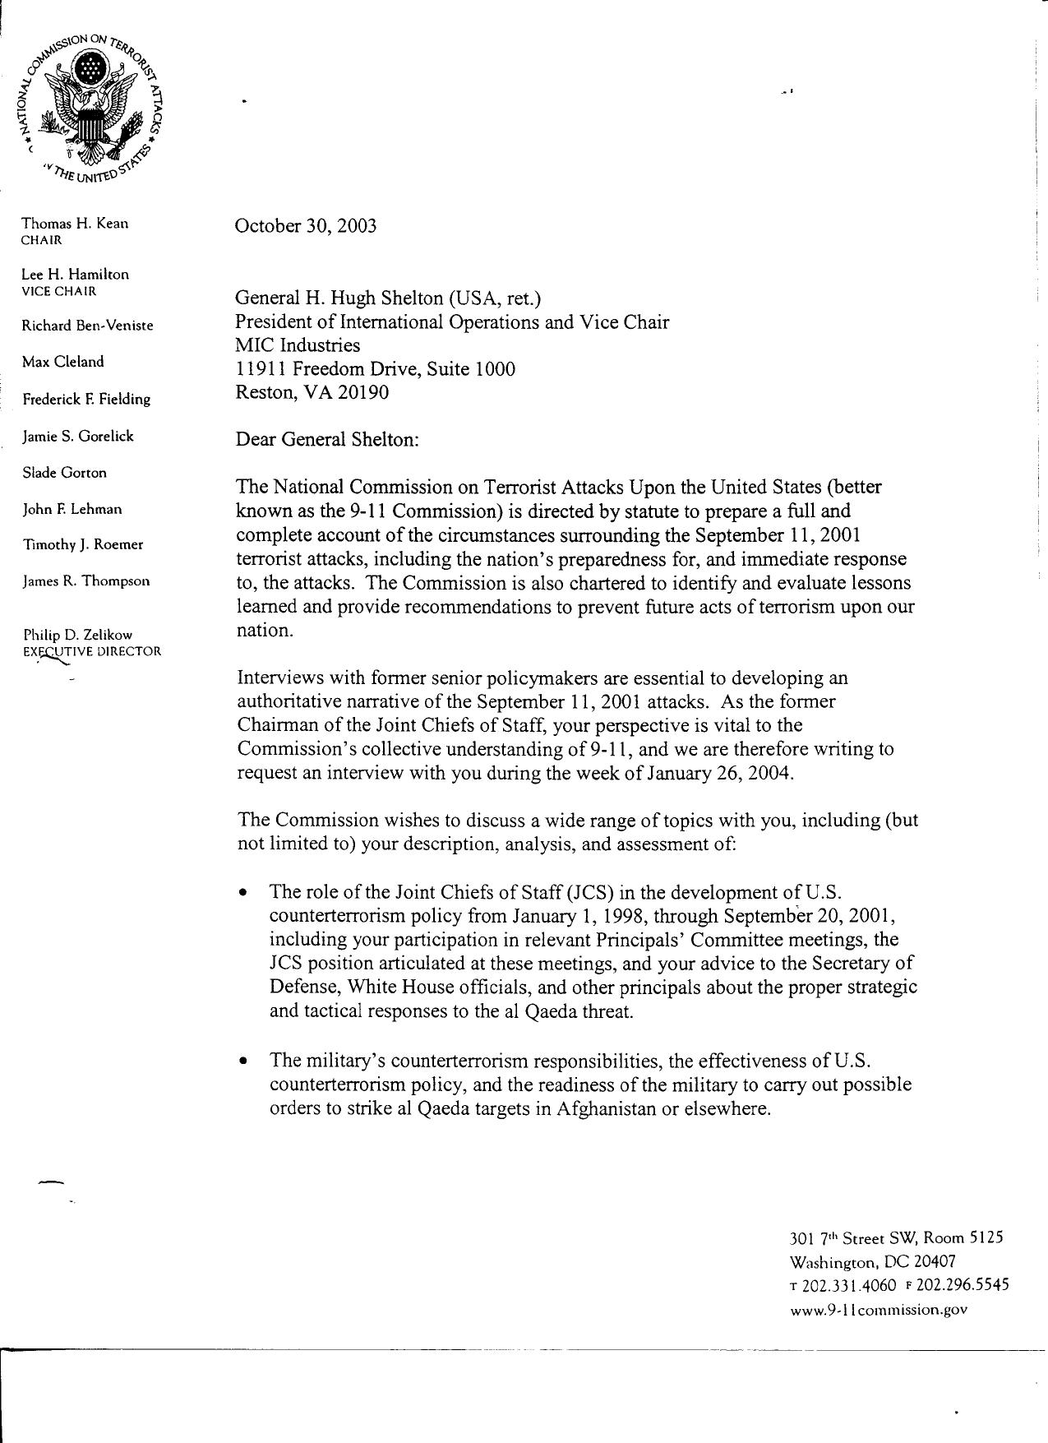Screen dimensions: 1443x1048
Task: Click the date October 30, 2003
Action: click(x=306, y=226)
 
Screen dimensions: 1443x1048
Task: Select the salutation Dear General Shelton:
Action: click(x=327, y=439)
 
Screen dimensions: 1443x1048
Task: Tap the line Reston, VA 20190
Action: click(x=312, y=392)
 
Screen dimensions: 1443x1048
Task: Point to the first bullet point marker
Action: click(x=242, y=892)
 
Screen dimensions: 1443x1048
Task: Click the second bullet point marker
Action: click(x=242, y=1061)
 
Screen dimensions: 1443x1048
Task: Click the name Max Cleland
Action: click(x=62, y=362)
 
